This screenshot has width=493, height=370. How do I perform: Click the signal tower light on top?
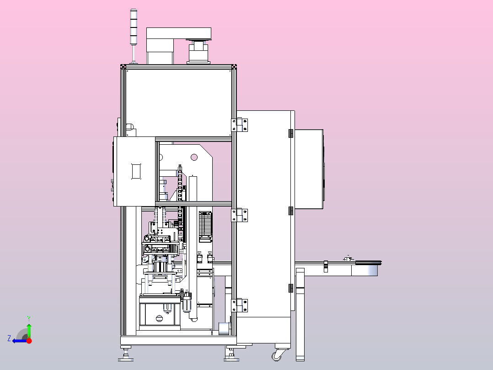point(134,27)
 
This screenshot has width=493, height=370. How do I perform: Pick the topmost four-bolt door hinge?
point(240,125)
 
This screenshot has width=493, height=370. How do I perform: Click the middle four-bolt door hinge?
point(240,215)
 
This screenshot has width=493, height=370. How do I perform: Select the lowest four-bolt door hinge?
point(240,305)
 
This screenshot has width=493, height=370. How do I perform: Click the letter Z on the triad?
point(9,338)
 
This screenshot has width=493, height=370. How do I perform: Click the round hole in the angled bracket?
point(194,157)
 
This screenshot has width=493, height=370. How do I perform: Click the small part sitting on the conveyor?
point(348,258)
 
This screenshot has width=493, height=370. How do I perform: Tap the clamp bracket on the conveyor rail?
point(326,266)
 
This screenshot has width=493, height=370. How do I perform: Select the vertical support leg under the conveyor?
point(300,316)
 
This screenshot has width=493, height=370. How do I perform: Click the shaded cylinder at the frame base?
point(224,329)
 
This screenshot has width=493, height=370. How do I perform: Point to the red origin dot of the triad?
point(29,341)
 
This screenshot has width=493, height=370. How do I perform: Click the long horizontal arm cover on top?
point(179,33)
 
